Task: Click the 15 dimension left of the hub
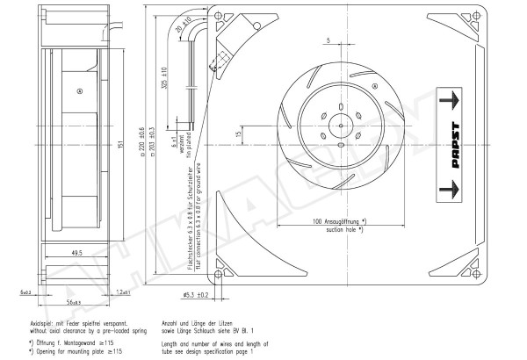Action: [x=238, y=133]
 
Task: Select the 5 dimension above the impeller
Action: [x=327, y=40]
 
